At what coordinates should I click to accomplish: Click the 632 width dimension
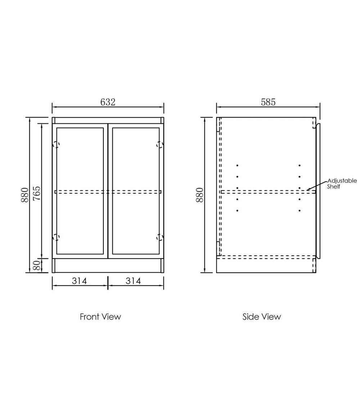point(108,102)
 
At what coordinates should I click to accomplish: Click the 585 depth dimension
point(268,102)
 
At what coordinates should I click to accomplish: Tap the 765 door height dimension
point(37,193)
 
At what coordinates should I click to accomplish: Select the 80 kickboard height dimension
point(37,265)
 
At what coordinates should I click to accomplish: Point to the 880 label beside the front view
point(25,195)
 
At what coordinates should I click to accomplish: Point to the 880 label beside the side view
point(199,195)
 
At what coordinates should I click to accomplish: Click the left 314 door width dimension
point(80,281)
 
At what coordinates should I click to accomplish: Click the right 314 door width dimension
point(133,281)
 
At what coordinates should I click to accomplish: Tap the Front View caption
point(100,317)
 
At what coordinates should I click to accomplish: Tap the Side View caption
point(262,317)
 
